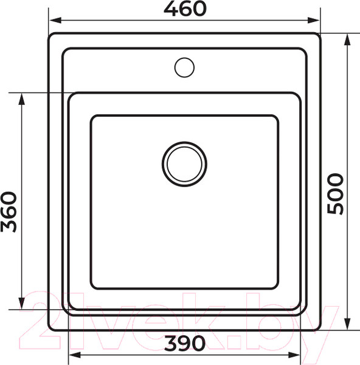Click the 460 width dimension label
(185, 9)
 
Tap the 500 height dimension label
(335, 193)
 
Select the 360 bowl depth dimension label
(9, 212)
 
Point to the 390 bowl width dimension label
(185, 343)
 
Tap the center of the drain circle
(184, 164)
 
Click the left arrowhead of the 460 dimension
(55, 20)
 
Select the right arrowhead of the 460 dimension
(313, 20)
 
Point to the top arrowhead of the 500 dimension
(347, 40)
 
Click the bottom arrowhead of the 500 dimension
(347, 324)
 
